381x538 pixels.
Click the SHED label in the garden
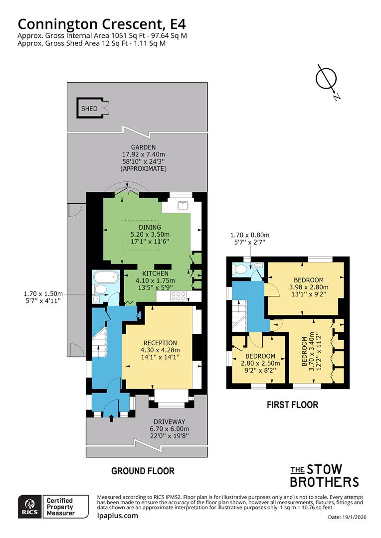90,109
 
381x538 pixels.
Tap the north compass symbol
326,80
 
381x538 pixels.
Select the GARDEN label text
144,147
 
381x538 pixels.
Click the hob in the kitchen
179,296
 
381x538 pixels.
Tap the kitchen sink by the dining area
183,204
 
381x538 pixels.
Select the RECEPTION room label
160,343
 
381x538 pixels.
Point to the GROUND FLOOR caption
143,471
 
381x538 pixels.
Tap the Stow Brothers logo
324,476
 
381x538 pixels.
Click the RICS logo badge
29,507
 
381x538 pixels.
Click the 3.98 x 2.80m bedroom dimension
309,287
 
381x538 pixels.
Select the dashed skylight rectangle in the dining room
141,233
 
